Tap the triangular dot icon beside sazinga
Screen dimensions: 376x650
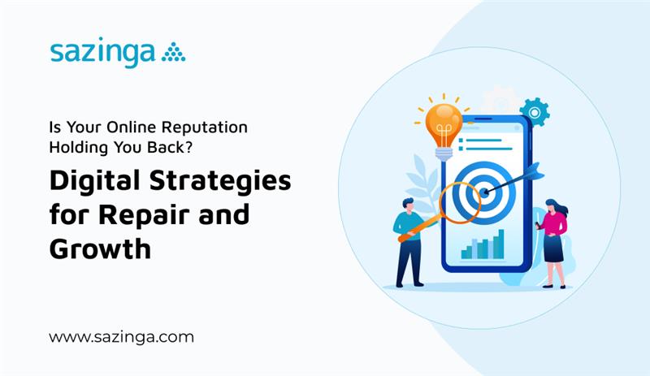click(x=173, y=53)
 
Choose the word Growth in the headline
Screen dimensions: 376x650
click(x=99, y=249)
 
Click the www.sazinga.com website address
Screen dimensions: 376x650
click(x=121, y=336)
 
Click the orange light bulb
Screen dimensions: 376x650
click(x=444, y=122)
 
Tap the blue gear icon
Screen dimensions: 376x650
click(x=534, y=110)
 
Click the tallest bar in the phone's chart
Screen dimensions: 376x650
click(x=500, y=243)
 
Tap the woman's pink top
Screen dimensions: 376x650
click(x=555, y=223)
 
